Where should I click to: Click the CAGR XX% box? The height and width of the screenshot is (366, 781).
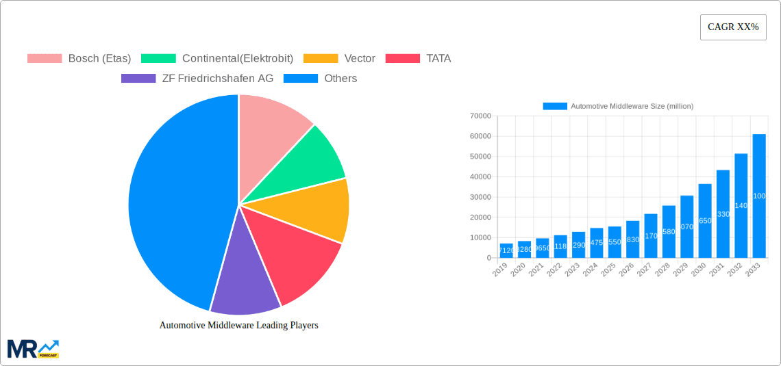coord(732,27)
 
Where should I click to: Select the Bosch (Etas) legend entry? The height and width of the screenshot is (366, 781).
coord(79,58)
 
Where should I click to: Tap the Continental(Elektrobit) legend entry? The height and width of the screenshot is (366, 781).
coord(219,58)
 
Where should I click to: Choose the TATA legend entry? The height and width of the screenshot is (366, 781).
coord(419,58)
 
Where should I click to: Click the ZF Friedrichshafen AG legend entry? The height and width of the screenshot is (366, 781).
coord(197,78)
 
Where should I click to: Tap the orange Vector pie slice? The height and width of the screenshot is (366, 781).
coord(319,209)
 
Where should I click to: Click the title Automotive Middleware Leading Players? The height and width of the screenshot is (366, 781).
coord(238,326)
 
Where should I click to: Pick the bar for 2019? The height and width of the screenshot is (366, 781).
coord(506,251)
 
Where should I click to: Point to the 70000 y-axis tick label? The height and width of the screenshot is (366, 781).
coord(479,116)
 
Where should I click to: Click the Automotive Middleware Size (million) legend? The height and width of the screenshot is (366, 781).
coord(618,106)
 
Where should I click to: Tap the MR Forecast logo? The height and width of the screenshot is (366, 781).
coord(33,348)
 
